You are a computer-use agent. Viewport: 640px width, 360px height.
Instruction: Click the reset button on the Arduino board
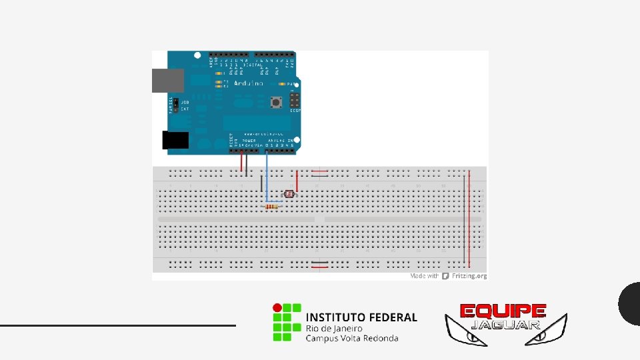tap(274, 103)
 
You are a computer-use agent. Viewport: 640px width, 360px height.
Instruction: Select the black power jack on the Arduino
tap(175, 140)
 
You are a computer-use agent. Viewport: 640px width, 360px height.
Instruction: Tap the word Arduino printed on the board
tap(248, 83)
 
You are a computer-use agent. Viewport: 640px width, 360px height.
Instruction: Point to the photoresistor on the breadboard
tap(289, 194)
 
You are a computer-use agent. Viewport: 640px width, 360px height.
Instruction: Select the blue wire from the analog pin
tap(267, 177)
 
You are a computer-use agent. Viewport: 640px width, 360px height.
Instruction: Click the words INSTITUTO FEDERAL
tap(361, 317)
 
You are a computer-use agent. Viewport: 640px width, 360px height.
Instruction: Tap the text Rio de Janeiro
tap(334, 328)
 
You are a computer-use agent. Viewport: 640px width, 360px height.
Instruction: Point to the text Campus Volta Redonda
tap(352, 338)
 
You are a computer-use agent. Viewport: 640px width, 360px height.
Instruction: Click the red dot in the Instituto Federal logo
tap(276, 308)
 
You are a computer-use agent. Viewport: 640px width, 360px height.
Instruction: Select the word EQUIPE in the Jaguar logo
tap(503, 311)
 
